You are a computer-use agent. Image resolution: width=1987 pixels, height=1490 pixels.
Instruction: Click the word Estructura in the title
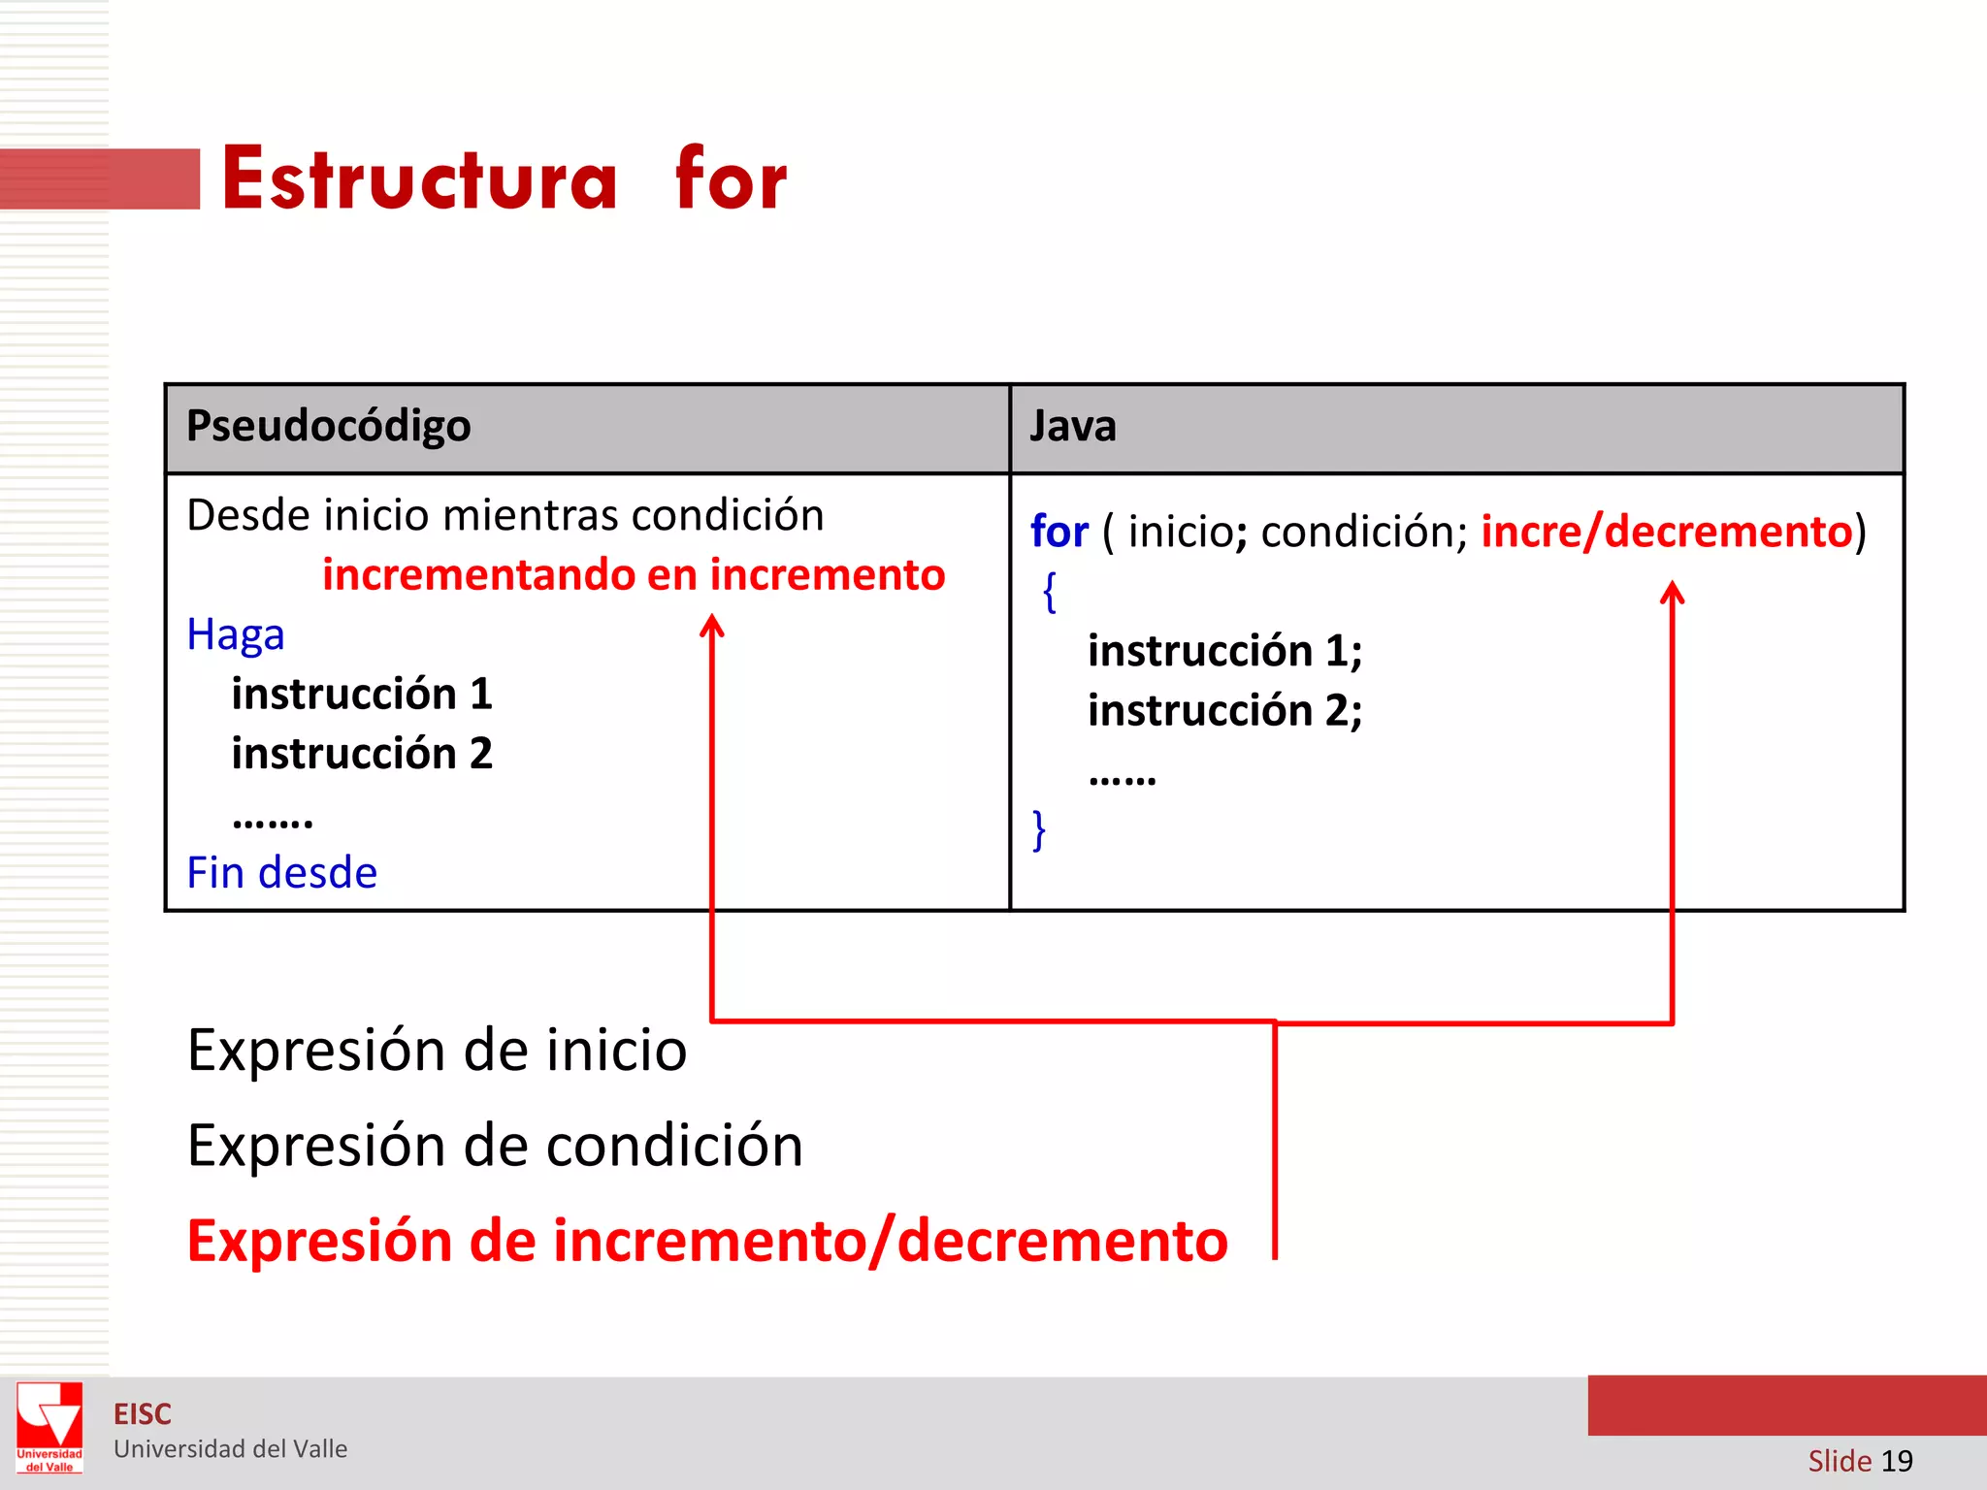coord(419,179)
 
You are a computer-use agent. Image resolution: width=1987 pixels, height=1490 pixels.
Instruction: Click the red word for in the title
coord(731,179)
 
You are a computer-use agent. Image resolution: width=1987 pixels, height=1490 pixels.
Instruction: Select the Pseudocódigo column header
coord(328,426)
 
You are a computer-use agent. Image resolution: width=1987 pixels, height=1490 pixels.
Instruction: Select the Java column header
coord(1072,426)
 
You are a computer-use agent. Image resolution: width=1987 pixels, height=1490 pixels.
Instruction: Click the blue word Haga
coord(236,635)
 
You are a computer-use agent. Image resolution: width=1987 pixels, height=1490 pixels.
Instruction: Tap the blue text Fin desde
coord(281,873)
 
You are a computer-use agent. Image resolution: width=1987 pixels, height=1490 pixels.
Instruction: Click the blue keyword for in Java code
coord(1059,532)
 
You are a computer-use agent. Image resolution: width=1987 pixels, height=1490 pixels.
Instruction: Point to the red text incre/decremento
coord(1666,532)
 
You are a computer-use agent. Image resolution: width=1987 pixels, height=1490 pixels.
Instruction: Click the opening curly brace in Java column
coord(1049,592)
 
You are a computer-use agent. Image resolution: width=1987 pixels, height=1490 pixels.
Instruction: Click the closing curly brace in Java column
coord(1039,830)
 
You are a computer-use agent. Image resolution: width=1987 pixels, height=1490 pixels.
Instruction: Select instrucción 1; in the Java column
coord(1224,650)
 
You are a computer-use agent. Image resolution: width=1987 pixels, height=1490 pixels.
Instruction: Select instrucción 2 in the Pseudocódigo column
coord(362,754)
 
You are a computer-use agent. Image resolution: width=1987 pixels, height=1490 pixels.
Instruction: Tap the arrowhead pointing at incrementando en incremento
coord(712,626)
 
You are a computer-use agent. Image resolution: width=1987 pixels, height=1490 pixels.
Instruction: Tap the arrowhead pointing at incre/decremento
coord(1672,592)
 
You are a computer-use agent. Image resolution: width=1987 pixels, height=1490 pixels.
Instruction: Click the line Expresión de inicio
coord(437,1051)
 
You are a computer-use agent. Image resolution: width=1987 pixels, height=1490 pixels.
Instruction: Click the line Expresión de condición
coord(495,1146)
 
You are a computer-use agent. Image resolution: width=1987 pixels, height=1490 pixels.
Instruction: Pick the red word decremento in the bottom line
coord(1062,1241)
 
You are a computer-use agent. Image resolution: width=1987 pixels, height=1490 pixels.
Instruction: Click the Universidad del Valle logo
coord(49,1427)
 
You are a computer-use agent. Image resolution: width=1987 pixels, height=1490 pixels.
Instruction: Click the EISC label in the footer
coord(142,1414)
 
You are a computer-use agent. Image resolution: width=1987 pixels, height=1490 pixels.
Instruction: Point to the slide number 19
coord(1896,1461)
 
